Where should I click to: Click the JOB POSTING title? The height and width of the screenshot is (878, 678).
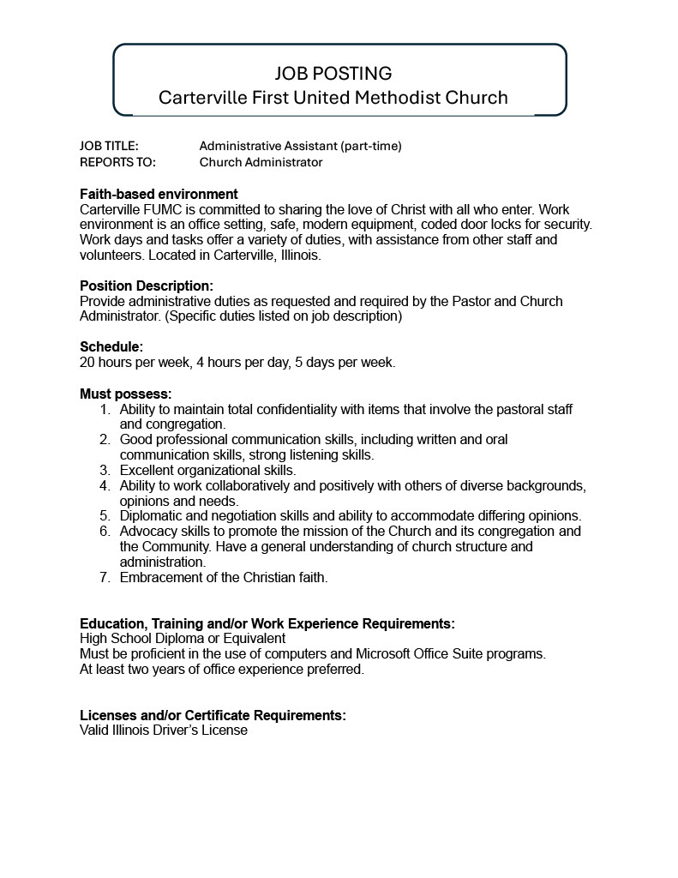click(x=333, y=73)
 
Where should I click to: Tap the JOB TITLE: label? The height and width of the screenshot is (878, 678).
click(x=109, y=146)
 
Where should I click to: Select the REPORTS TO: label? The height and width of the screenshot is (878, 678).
click(x=117, y=162)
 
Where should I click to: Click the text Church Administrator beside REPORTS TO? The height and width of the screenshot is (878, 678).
click(x=261, y=162)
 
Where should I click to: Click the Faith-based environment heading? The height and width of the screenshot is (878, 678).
click(x=159, y=195)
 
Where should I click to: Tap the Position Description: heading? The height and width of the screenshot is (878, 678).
click(x=147, y=286)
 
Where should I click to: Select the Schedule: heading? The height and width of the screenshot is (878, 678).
click(x=111, y=346)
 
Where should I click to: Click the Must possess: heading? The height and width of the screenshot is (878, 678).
click(x=126, y=394)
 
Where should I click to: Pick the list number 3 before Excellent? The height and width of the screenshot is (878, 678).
click(x=105, y=470)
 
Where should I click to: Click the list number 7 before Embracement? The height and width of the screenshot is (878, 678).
click(x=105, y=577)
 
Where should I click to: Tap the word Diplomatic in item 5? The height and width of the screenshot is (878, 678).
click(x=151, y=515)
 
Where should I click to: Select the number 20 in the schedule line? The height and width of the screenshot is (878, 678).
click(x=87, y=362)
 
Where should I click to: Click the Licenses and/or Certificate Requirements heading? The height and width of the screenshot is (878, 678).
click(x=213, y=715)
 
